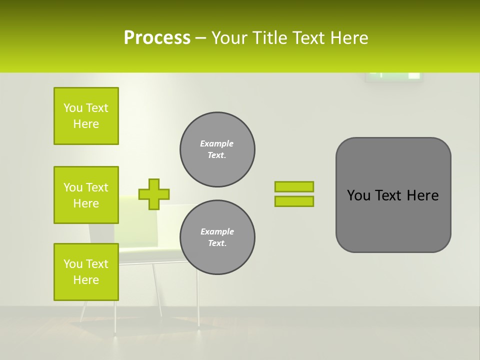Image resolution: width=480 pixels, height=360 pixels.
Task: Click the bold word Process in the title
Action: click(x=157, y=38)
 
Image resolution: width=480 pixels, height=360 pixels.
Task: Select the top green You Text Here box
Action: click(x=86, y=116)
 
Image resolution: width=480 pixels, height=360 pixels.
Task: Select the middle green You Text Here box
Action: click(x=86, y=195)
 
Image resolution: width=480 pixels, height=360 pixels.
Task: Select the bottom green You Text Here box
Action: click(x=86, y=272)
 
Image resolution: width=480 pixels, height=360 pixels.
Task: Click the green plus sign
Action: click(x=154, y=194)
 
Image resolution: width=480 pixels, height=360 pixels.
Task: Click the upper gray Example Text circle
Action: click(x=217, y=149)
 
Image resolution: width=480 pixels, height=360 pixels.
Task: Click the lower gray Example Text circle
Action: click(x=217, y=237)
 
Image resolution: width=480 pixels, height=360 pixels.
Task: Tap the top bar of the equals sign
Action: click(x=294, y=186)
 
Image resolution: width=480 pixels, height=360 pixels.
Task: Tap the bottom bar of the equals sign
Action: click(x=294, y=201)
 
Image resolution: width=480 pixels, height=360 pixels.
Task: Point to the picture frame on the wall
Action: click(x=394, y=76)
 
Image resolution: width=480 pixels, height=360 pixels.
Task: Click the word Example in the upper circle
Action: click(x=217, y=143)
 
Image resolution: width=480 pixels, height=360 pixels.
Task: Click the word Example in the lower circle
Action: click(x=217, y=231)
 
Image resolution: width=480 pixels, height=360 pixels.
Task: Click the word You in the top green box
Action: click(x=72, y=108)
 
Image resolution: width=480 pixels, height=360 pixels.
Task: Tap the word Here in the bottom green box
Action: click(x=86, y=280)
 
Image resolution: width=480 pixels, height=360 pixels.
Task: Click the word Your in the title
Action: click(x=230, y=38)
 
